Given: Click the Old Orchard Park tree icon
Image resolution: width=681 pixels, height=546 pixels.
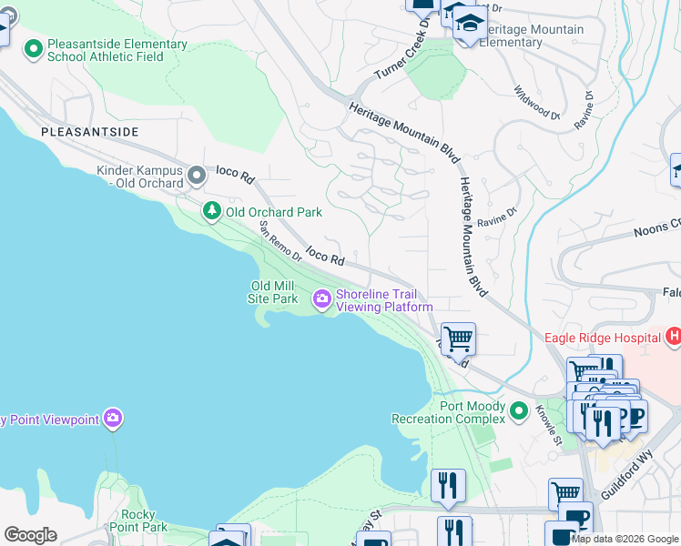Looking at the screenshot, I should [x=212, y=211].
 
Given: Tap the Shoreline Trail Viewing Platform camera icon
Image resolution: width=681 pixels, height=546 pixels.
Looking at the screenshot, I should [x=322, y=298].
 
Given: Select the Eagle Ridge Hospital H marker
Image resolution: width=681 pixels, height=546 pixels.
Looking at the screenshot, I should [x=673, y=338].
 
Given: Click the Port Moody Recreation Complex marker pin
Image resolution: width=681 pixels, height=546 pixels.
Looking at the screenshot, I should [x=519, y=411].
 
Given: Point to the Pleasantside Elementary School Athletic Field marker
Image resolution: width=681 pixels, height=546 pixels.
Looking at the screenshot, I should [x=34, y=49].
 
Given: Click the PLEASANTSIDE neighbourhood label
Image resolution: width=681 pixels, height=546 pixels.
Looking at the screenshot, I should [x=90, y=132].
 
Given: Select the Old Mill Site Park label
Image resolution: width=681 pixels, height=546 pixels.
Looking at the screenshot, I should [x=274, y=292].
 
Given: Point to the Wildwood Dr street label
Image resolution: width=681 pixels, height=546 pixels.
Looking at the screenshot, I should [x=536, y=104].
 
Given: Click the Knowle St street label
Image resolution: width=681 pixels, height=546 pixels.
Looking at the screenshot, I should [x=549, y=423].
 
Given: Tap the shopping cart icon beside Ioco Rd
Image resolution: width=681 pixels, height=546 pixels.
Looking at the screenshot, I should [x=458, y=339].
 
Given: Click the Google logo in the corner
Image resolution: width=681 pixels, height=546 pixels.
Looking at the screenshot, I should [x=29, y=535].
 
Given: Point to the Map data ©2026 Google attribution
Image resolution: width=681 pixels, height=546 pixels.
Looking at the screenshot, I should [x=625, y=539].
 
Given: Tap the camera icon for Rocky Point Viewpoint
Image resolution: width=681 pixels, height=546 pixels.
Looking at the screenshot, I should [x=113, y=419].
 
